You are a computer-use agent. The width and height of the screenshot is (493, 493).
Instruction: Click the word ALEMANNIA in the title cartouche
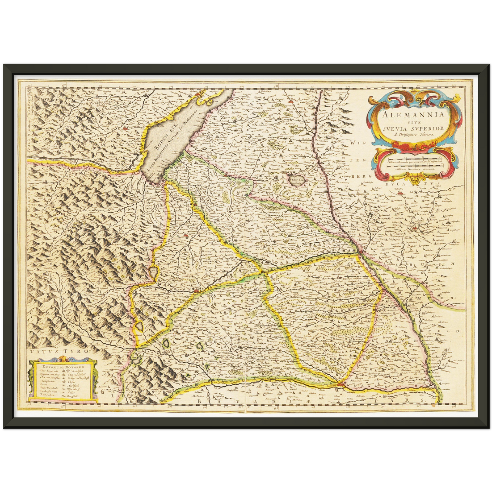coord(414,114)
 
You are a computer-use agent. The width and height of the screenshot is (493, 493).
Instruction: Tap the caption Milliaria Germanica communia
coord(414,169)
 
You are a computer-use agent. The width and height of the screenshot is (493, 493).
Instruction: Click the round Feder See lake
coord(293,178)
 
